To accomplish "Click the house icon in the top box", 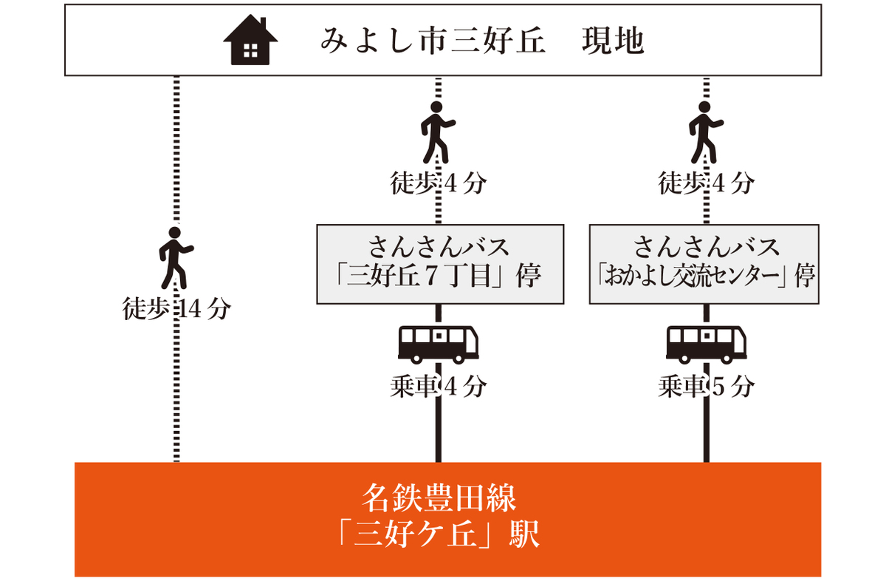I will [250, 41].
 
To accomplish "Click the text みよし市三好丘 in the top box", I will [433, 41].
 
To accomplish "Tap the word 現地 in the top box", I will [613, 41].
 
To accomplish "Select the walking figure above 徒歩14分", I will [176, 257].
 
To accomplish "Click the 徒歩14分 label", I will [176, 309].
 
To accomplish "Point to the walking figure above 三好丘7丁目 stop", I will [438, 132].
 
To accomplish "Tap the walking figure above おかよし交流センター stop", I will [706, 132].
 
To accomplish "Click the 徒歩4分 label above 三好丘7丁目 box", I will [438, 183].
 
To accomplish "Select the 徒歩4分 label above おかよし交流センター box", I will [706, 183].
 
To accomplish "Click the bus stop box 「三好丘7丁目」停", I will [440, 264].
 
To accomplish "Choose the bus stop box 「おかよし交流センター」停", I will [705, 264].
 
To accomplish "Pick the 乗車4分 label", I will [438, 386].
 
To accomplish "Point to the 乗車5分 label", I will [706, 386].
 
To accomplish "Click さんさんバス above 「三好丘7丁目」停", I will [440, 245].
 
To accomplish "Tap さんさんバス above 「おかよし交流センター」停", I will [705, 245].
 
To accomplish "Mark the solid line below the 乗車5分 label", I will [706, 432].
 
